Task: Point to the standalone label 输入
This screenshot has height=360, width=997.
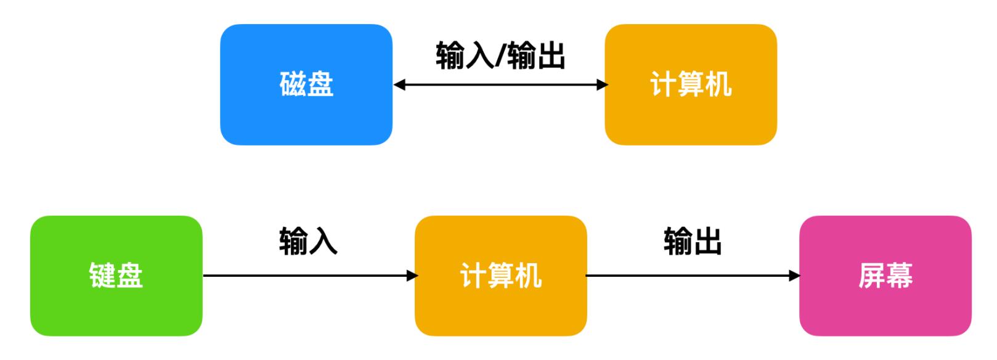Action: pyautogui.click(x=308, y=241)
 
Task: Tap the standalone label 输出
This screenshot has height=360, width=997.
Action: pyautogui.click(x=693, y=241)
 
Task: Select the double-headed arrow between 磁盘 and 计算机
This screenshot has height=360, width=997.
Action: pyautogui.click(x=500, y=85)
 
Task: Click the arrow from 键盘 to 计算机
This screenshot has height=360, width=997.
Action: pyautogui.click(x=308, y=276)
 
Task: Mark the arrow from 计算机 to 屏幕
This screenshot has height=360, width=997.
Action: pyautogui.click(x=693, y=276)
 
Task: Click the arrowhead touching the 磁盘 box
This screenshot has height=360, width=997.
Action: pyautogui.click(x=400, y=85)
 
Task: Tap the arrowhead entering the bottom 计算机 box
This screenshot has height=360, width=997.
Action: pyautogui.click(x=412, y=276)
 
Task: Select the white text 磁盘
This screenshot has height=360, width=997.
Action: pyautogui.click(x=306, y=84)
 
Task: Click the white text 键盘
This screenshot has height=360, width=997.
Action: pyautogui.click(x=116, y=276)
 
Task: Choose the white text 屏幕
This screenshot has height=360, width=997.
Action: pyautogui.click(x=885, y=276)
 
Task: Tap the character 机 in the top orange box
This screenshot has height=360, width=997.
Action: pyautogui.click(x=718, y=84)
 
